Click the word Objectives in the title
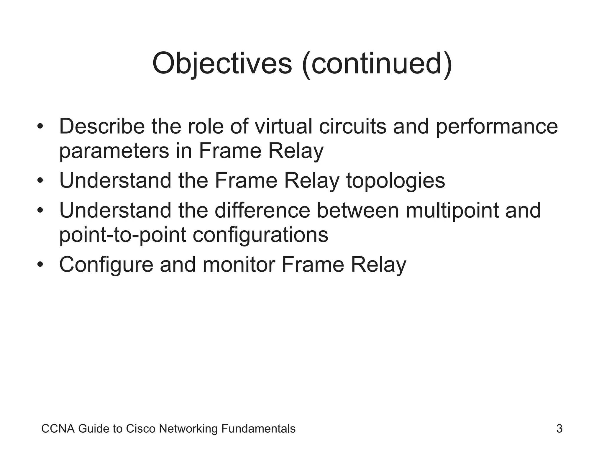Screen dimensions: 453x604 coord(222,64)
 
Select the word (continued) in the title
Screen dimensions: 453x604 coord(377,64)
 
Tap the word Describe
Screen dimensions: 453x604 coord(102,126)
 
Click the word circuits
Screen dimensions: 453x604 coord(352,126)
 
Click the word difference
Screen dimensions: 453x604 coord(262,210)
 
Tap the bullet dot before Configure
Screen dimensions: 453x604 coord(40,265)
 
